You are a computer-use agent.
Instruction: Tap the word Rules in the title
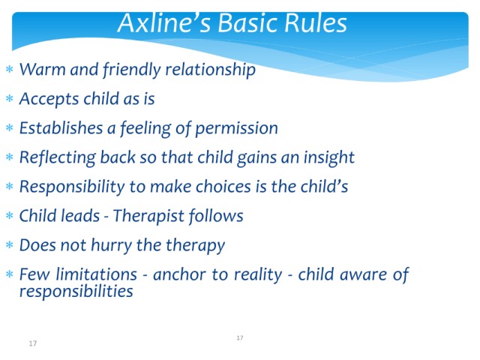315,22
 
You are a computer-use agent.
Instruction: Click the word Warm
42,69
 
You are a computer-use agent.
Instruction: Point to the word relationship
210,70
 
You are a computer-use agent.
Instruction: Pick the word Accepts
49,100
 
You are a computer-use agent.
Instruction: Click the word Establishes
61,128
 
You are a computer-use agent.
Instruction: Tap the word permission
237,129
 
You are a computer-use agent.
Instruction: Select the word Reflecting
58,158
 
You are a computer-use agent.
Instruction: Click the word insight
329,158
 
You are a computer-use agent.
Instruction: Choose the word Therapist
148,217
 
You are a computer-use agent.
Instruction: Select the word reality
258,275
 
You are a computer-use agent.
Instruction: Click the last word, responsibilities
76,292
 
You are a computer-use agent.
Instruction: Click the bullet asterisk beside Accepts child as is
10,99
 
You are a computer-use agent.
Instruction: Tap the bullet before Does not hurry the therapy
10,245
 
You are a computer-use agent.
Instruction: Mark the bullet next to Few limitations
10,274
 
